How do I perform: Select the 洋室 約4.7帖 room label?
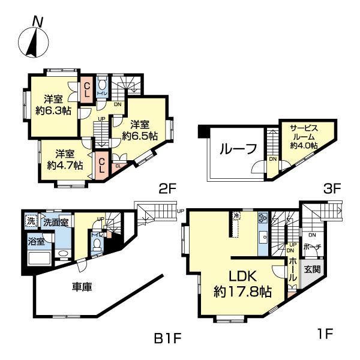tap(62, 159)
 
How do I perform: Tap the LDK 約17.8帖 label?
tap(243, 284)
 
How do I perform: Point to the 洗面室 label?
tap(55, 222)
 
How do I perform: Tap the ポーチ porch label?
tap(312, 247)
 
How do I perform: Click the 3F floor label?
tap(332, 188)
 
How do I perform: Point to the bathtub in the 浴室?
tap(41, 259)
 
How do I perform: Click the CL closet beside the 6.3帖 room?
tap(86, 92)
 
